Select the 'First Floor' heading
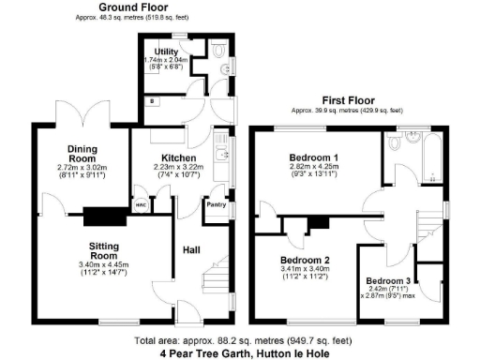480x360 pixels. (x=349, y=98)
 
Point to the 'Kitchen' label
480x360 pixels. (x=178, y=157)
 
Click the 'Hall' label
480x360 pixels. (x=188, y=251)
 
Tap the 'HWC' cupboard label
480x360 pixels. (x=140, y=203)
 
